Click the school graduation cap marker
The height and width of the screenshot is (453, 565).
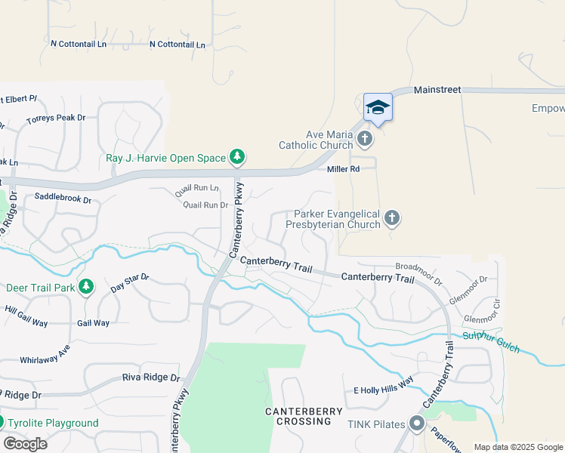tap(378, 107)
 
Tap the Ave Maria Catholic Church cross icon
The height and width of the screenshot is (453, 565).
tap(365, 138)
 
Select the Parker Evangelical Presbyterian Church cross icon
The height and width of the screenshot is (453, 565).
tap(391, 219)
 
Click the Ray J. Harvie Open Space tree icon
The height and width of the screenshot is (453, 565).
tap(238, 157)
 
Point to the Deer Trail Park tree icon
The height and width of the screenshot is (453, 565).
tap(86, 287)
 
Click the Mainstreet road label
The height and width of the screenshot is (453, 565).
tap(437, 90)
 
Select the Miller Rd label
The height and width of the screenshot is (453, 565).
tap(343, 169)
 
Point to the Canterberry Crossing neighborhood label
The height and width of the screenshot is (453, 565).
tap(298, 416)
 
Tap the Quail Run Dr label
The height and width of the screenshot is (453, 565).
tap(205, 205)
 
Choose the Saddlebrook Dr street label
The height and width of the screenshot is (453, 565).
tap(63, 199)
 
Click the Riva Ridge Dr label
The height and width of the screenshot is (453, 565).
tap(152, 377)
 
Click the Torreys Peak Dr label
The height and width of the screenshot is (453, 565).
tap(56, 119)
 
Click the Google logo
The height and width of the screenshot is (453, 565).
tap(25, 444)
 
